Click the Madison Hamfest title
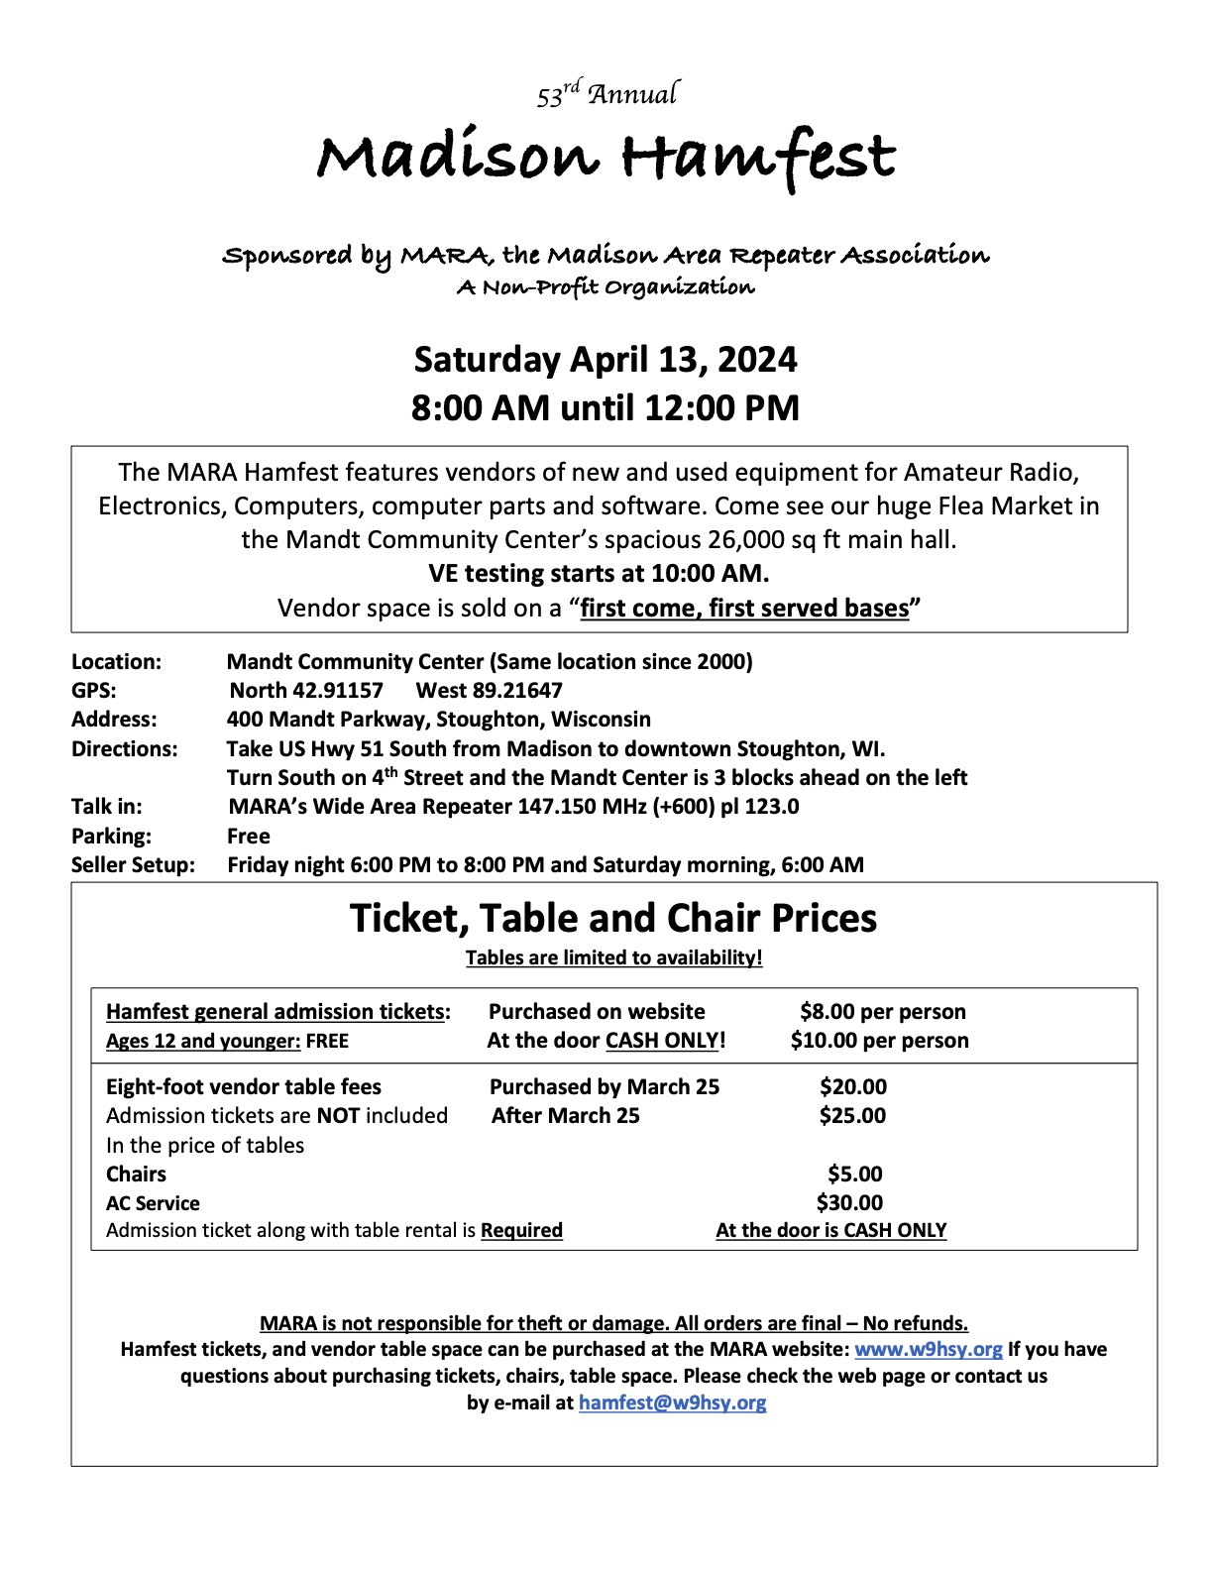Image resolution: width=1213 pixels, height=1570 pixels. point(606,156)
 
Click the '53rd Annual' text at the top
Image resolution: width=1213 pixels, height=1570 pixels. point(606,94)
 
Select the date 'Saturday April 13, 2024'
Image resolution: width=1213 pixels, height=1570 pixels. point(606,359)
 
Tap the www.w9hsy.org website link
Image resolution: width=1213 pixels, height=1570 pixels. point(929,1349)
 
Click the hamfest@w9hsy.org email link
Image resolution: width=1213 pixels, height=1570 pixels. point(672,1402)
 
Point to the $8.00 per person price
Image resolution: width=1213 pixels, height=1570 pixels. point(882,1011)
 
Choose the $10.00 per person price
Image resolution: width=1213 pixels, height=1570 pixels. point(879,1040)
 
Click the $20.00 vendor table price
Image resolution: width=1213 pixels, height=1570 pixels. point(852,1086)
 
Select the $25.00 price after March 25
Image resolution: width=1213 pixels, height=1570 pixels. point(852,1115)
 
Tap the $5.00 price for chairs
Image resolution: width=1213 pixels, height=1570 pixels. point(854,1174)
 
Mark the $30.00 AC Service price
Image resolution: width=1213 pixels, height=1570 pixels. point(849,1202)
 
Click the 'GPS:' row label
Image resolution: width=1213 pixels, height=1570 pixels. point(94,690)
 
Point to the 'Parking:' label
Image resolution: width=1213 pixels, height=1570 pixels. point(111,836)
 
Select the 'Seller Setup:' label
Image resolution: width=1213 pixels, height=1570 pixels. point(133,864)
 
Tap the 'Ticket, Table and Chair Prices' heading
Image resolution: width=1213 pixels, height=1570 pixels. point(613,918)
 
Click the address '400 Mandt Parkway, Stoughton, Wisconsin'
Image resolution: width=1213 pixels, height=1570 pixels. point(439,719)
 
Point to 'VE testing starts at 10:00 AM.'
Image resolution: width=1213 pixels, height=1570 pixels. point(599,573)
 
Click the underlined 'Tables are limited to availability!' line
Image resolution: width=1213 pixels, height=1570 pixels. point(613,957)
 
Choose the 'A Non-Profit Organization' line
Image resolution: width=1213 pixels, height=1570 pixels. point(606,287)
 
